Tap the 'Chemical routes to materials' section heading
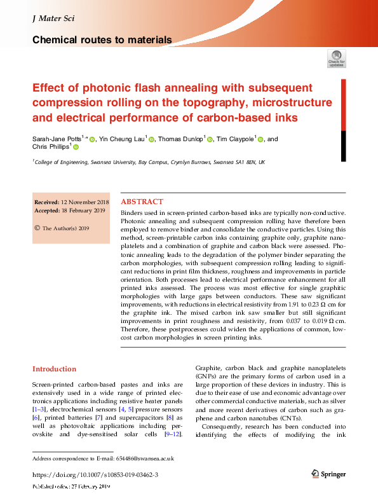click(x=102, y=40)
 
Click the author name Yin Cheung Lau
click(x=123, y=139)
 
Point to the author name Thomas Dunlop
click(x=181, y=139)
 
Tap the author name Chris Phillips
click(x=50, y=148)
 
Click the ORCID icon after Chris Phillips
click(x=76, y=148)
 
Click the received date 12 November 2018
click(x=78, y=202)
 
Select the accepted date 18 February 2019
click(x=78, y=210)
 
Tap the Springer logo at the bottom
click(x=328, y=474)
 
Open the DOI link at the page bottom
click(x=95, y=475)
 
